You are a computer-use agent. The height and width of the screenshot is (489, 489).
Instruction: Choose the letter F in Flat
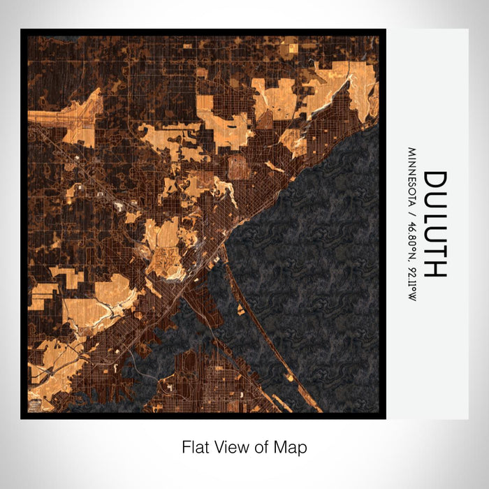coord(187,447)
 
